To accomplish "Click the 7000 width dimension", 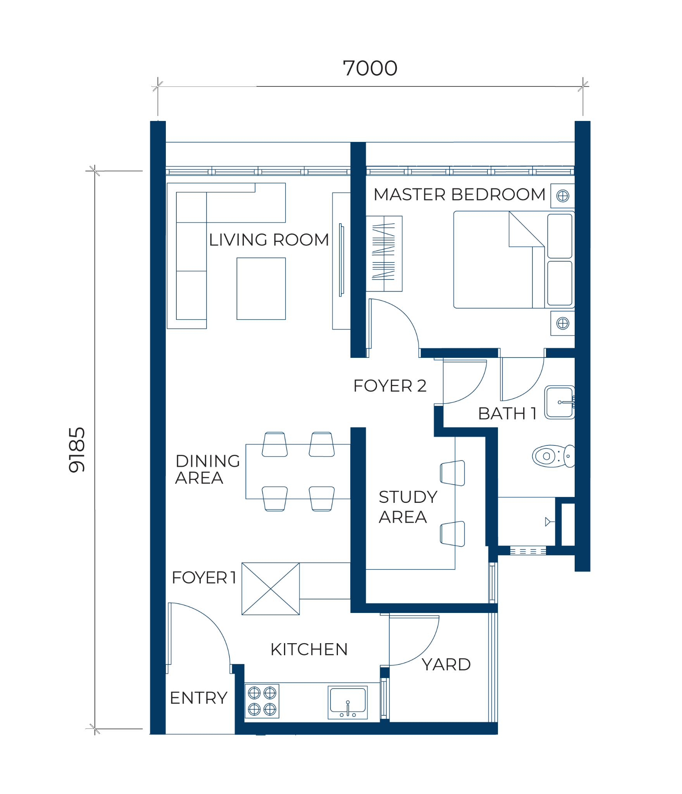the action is click(x=370, y=68).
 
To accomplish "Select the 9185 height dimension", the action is click(x=77, y=450).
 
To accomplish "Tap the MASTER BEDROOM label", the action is click(x=459, y=194).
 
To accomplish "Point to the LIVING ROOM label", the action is click(x=269, y=240).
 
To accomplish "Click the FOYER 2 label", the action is click(x=390, y=386).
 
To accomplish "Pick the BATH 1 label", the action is click(x=508, y=414).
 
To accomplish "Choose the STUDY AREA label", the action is click(x=408, y=507).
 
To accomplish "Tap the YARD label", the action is click(x=446, y=665).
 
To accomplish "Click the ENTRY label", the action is click(x=199, y=698).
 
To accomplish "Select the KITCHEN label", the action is click(x=309, y=649).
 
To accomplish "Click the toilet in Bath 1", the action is click(x=553, y=456).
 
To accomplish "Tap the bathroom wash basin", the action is click(x=560, y=402).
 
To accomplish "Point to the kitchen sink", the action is click(x=348, y=703).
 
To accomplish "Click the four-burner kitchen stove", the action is click(x=262, y=701).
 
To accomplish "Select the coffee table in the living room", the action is click(x=261, y=289).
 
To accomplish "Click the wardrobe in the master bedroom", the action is click(x=384, y=254).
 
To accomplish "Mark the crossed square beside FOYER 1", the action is click(x=270, y=589).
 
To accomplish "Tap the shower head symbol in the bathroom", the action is click(x=548, y=522).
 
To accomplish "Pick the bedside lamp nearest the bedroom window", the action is click(x=563, y=196).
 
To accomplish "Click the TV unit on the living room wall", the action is click(x=341, y=261).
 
